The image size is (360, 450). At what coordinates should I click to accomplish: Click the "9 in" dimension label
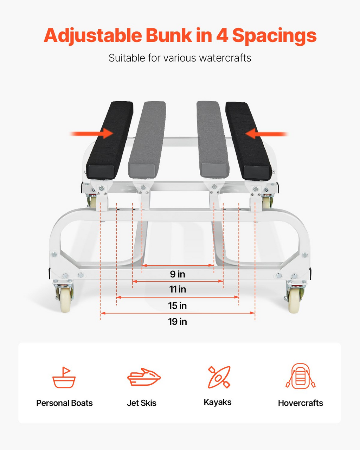pos(178,274)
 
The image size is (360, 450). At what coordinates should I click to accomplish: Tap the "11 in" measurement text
pos(178,289)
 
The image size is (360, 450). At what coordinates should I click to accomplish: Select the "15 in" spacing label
pos(178,306)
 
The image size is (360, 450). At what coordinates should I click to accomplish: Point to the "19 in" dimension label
pos(178,322)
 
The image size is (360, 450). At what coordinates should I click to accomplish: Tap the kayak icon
pos(219,377)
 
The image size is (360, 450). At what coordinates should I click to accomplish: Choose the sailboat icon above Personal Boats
pos(64,377)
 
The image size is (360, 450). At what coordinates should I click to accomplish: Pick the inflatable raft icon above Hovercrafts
pos(300,376)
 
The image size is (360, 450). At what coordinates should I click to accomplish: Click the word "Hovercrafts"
pos(300,403)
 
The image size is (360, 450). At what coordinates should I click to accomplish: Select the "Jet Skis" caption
pos(142,403)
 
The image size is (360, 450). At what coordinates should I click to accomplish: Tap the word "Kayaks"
pos(218,402)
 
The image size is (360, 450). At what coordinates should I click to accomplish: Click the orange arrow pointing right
pos(91,134)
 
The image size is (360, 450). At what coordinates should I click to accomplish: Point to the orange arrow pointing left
pos(267,134)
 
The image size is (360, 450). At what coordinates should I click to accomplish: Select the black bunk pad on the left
pos(110,140)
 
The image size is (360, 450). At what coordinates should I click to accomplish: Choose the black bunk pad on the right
pos(248,141)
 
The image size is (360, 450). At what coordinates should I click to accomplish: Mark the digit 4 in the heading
pos(222,36)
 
